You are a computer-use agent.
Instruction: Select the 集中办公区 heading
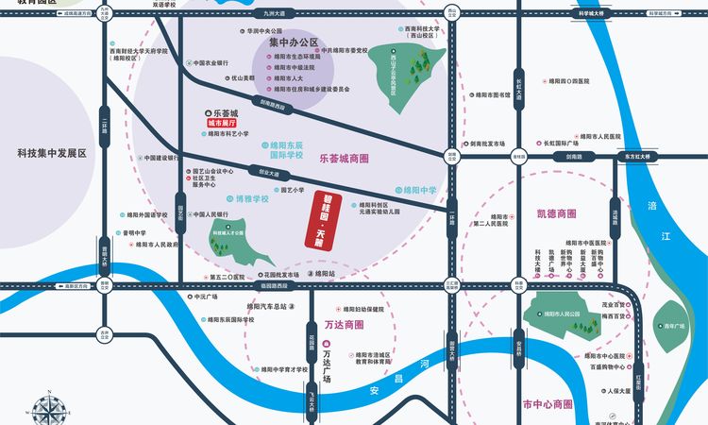293,43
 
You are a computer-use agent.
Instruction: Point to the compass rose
50,408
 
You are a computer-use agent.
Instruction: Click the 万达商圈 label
344,324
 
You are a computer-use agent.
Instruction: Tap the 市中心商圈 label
547,404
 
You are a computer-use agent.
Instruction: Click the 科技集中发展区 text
51,152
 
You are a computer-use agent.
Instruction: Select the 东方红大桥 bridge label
638,157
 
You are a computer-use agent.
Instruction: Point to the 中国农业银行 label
199,63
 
